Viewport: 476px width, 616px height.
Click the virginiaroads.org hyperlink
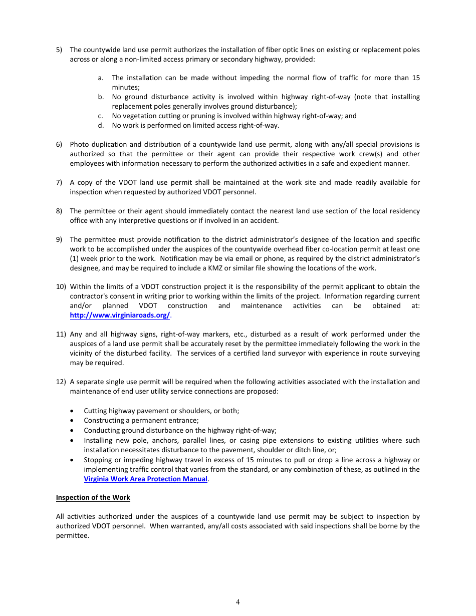120,315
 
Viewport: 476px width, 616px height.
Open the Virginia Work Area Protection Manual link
145,479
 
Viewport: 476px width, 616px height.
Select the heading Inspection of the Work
93,497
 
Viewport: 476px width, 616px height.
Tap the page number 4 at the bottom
238,602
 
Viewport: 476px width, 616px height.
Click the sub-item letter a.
101,78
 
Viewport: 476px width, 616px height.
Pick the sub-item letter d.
101,125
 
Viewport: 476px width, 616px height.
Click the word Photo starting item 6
79,144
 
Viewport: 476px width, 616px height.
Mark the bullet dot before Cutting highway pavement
73,411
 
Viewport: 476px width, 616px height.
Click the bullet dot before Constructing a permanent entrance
73,421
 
